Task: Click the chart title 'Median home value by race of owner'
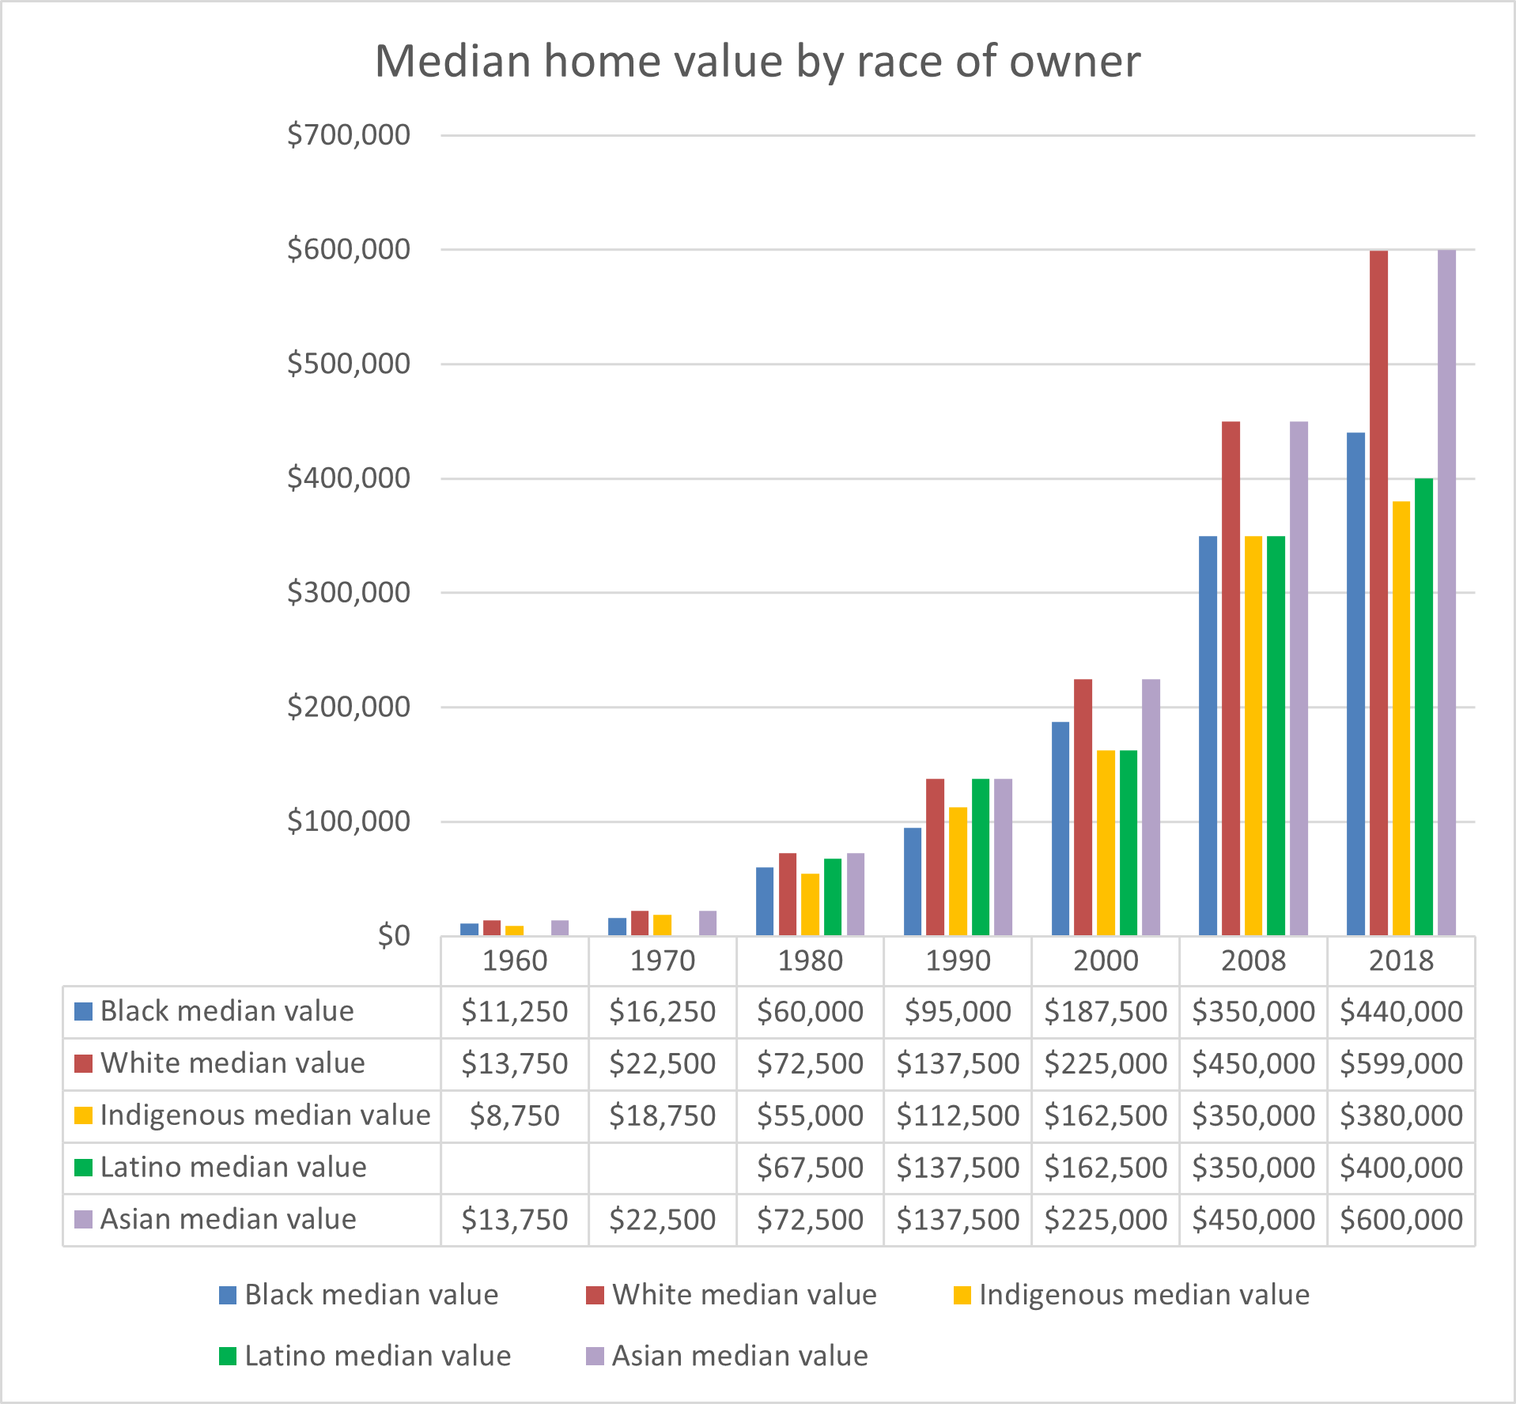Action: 757,61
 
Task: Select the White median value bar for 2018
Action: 1378,593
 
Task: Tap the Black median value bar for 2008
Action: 1208,735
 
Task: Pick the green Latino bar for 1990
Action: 980,857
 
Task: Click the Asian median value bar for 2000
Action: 1151,806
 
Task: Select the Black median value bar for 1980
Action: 765,901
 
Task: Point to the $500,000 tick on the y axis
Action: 349,364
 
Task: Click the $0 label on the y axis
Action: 393,936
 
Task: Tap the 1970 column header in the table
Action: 662,961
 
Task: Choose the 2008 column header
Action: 1253,961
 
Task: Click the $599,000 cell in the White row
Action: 1401,1063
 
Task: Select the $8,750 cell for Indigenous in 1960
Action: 514,1115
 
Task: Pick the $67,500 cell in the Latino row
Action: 810,1168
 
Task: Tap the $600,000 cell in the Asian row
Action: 1401,1220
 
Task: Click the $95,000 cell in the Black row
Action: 957,1011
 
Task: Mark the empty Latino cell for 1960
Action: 514,1168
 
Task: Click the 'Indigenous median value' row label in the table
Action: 264,1115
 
